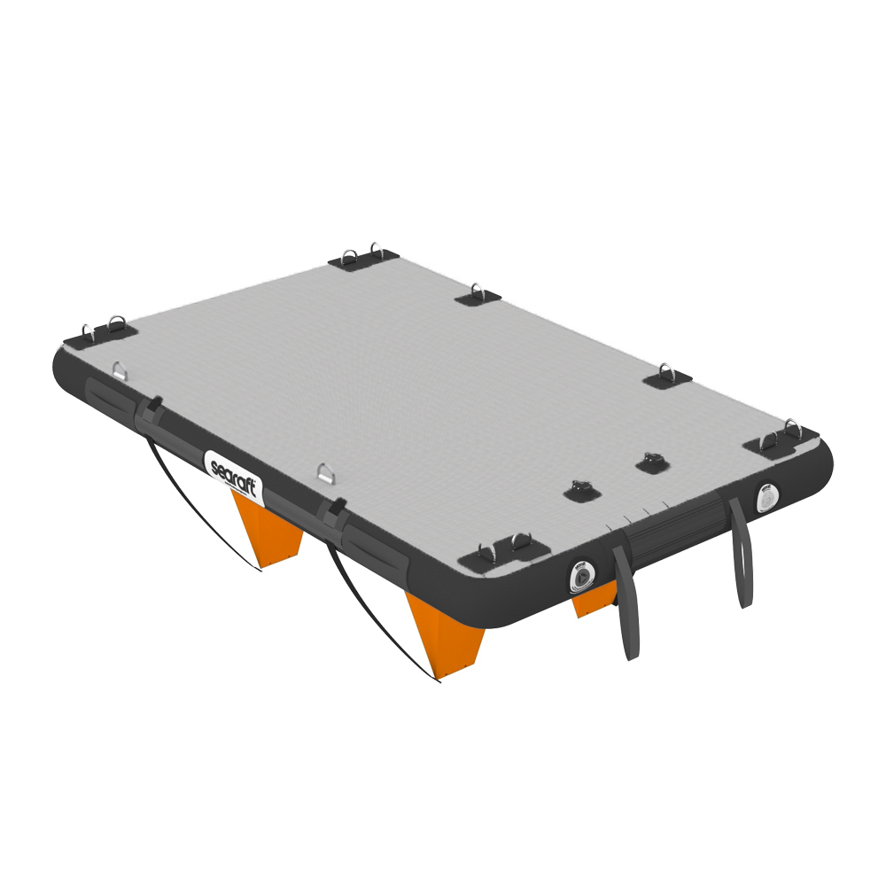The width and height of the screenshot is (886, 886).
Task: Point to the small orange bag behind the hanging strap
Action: coord(592,605)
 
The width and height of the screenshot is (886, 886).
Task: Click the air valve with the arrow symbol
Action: coord(580,576)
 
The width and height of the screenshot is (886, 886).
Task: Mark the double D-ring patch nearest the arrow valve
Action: coord(502,549)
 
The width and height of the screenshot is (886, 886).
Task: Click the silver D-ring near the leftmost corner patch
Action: coord(120,369)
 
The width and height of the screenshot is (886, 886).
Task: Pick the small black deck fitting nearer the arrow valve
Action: coord(581,489)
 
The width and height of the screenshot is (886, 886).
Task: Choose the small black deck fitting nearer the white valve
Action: coord(652,461)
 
